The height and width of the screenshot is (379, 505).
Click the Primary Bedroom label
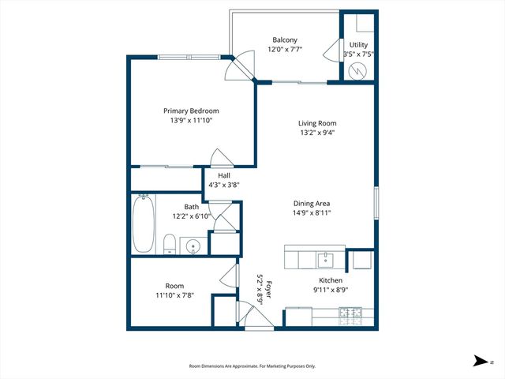(x=191, y=111)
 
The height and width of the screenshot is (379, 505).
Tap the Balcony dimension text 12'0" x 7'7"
(x=285, y=49)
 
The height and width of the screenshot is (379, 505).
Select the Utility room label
(x=358, y=45)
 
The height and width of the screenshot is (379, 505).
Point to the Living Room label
(x=317, y=123)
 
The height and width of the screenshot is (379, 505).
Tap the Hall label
(x=223, y=174)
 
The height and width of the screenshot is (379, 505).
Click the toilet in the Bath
(x=169, y=244)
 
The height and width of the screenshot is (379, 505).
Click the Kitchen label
(x=330, y=280)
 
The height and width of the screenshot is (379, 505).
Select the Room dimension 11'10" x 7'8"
(x=174, y=295)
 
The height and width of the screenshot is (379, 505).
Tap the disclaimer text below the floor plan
(x=252, y=366)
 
